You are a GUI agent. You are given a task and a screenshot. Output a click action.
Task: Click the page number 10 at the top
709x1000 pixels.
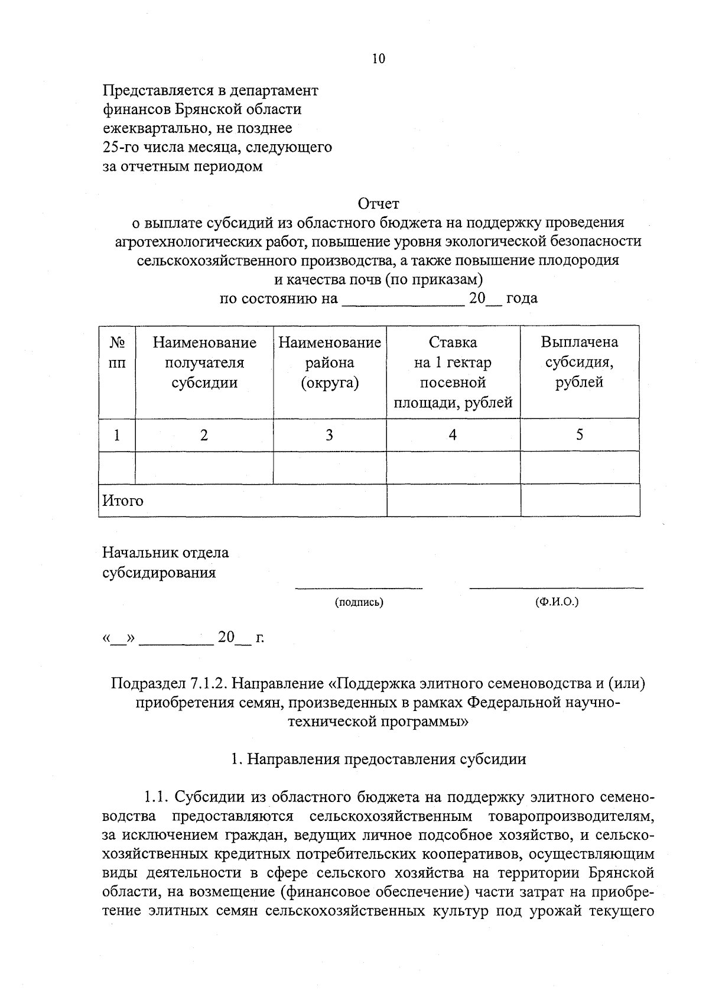point(378,59)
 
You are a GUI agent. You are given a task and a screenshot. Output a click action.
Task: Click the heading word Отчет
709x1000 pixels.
point(379,204)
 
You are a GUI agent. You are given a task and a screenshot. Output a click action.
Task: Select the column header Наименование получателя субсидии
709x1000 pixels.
point(204,362)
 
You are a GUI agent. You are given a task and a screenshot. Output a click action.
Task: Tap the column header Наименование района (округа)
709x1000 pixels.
point(330,362)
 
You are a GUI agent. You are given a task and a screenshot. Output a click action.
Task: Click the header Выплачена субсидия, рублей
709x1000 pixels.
point(579,362)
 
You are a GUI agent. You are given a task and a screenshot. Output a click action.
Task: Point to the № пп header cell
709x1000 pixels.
point(117,353)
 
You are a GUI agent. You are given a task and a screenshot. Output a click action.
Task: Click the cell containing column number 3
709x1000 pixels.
point(329,436)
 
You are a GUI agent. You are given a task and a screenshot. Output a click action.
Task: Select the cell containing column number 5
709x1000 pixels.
point(580,436)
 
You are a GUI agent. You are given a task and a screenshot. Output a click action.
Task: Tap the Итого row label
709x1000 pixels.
point(123,501)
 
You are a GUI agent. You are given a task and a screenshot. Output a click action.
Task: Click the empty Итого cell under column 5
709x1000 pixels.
point(580,501)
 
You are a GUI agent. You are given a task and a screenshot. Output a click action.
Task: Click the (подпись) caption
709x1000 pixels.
point(359,603)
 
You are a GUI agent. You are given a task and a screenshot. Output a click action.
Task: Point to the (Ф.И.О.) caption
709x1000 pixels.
point(556,603)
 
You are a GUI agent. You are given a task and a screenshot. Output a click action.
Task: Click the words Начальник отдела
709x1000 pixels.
point(165,553)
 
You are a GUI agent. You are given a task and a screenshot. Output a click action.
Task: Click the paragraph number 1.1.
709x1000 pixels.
point(157,797)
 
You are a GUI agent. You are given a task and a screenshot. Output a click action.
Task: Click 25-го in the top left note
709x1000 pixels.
point(120,147)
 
